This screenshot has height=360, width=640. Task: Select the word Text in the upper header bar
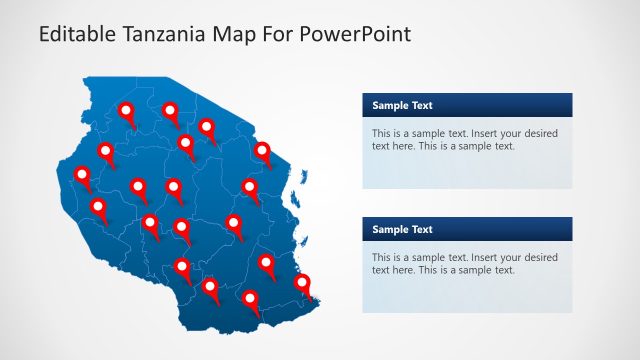[x=422, y=105]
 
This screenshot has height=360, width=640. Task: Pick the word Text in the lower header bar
[x=422, y=229]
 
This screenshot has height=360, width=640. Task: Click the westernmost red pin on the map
[x=82, y=175]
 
